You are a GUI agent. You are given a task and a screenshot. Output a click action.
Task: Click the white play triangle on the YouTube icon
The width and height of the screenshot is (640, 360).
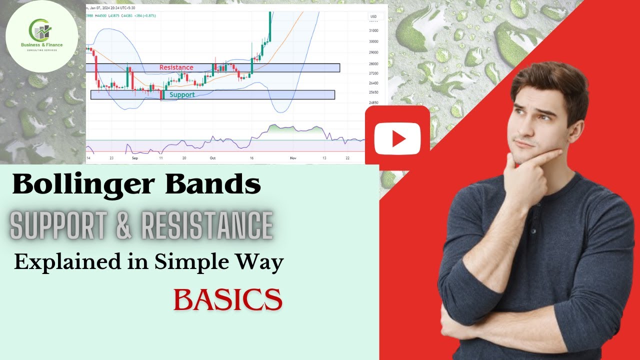(x=398, y=138)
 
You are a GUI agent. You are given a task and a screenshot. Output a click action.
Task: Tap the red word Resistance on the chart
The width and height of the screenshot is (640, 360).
(x=176, y=67)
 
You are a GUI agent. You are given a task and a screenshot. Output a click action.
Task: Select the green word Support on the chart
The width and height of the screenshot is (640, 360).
(x=182, y=94)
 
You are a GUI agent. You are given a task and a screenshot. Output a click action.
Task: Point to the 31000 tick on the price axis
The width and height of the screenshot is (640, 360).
(x=373, y=30)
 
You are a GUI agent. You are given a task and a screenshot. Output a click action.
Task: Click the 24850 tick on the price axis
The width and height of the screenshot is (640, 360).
(x=373, y=102)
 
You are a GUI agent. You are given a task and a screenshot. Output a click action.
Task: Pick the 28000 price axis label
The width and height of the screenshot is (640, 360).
(x=373, y=64)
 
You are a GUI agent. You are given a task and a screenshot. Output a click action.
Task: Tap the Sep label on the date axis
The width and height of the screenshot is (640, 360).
(x=134, y=158)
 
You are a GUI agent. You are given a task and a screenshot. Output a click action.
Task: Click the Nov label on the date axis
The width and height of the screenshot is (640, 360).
(x=292, y=158)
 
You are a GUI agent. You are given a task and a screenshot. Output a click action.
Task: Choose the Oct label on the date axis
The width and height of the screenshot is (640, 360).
(x=212, y=158)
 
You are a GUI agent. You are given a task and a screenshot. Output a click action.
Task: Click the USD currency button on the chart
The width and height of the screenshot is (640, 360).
(x=373, y=16)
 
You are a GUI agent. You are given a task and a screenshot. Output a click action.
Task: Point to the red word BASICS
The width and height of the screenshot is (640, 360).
(x=227, y=299)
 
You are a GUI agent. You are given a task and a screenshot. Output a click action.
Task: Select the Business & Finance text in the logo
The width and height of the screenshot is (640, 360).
(x=42, y=45)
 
